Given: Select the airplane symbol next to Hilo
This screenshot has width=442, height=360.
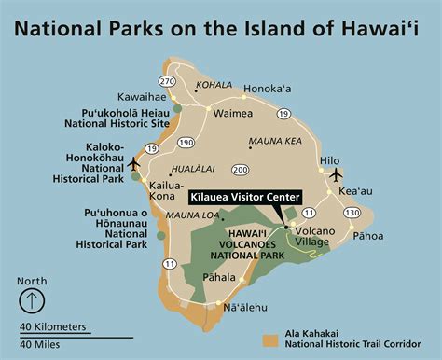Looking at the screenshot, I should [336, 174].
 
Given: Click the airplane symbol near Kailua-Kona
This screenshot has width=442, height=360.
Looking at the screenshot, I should [132, 164].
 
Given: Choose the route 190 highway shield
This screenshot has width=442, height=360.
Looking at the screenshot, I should [186, 143].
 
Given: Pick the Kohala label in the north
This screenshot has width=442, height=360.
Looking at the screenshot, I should [214, 86].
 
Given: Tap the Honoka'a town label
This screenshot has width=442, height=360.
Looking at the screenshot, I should [269, 90].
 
